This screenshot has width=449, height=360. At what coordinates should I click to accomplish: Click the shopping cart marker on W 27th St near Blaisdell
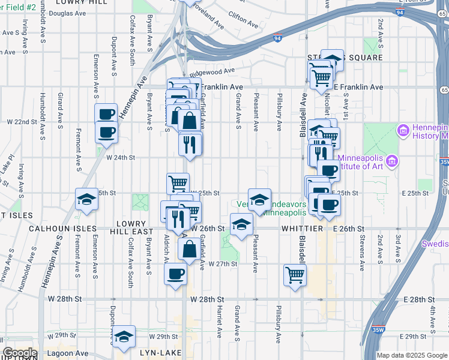[x=295, y=275]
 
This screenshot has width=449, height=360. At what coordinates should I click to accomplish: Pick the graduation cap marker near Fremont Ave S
[x=86, y=200]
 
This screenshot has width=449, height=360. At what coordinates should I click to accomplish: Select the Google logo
[x=19, y=353]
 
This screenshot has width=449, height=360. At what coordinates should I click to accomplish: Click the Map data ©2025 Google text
[x=411, y=356]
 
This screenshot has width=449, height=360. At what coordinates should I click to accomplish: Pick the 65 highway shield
[x=443, y=90]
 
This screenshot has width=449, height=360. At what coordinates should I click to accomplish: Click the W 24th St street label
[x=121, y=158]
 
